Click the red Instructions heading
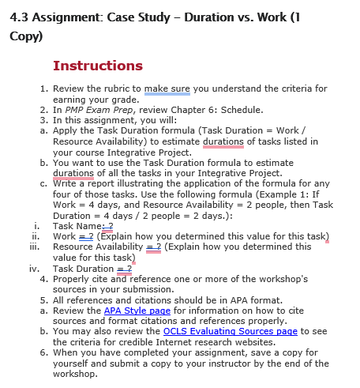97,66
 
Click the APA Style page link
137,311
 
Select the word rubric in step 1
126,89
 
